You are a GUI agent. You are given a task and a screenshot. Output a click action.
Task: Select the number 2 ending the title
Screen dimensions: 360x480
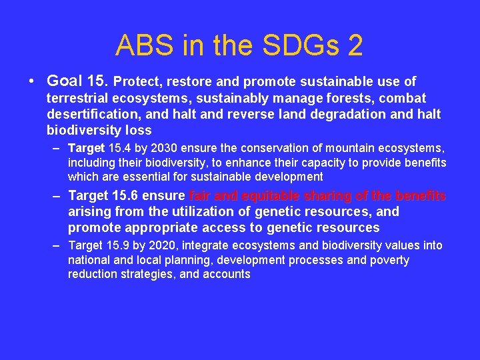click(x=354, y=45)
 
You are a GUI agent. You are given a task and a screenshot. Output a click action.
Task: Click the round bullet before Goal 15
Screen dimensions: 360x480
click(x=31, y=81)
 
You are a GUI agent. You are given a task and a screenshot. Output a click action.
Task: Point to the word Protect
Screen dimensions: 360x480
click(x=137, y=82)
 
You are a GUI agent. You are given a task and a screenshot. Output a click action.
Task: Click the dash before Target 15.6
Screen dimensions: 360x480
click(x=57, y=196)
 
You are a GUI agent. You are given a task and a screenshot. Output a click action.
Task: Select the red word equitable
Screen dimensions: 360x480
click(x=262, y=196)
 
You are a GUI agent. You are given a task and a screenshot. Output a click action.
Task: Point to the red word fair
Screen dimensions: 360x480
click(x=201, y=196)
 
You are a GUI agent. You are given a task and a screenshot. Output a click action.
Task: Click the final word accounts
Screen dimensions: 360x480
click(x=227, y=275)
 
